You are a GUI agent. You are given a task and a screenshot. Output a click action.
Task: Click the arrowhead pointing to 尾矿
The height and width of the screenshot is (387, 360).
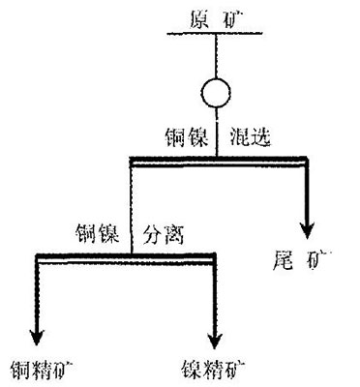[309, 229]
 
